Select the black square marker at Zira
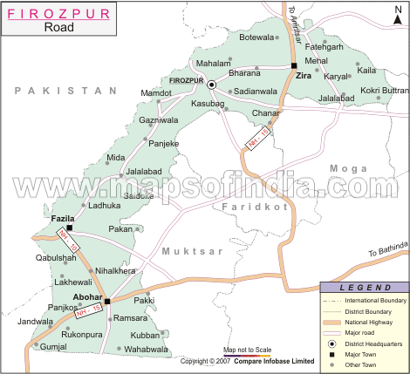coord(294,65)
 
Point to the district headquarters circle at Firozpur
coord(211,84)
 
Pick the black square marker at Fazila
coord(71,228)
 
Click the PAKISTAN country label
coord(65,91)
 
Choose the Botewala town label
coord(256,37)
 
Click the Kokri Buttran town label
coord(384,91)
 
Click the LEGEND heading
coord(364,287)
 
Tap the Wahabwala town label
coord(146,349)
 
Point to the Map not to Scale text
coord(248,350)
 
